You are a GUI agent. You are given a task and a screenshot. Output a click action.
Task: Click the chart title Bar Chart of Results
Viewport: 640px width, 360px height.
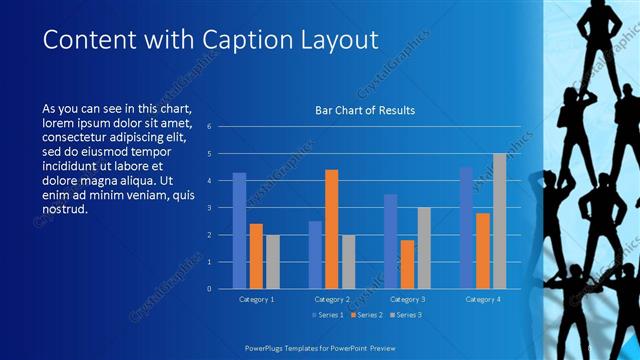coord(365,110)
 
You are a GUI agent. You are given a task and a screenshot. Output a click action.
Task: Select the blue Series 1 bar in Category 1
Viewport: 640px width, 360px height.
coord(240,231)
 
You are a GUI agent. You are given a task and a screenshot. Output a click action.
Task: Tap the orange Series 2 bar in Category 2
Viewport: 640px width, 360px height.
coord(332,229)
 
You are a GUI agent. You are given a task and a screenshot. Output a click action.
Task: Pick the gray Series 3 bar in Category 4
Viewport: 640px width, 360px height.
coord(499,221)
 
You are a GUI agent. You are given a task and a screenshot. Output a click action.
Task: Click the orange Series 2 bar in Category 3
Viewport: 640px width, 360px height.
coord(407,264)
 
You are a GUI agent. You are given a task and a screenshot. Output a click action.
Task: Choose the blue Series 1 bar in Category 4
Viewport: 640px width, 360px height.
coord(466,228)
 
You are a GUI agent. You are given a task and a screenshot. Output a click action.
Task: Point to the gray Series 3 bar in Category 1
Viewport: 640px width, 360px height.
coord(273,262)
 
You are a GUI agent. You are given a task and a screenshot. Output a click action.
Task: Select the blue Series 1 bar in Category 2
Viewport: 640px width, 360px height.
coord(315,255)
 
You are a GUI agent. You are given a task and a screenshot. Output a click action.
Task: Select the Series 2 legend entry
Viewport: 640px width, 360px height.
coord(365,315)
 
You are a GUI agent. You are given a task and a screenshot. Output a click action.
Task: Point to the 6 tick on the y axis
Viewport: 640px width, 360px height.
coord(209,127)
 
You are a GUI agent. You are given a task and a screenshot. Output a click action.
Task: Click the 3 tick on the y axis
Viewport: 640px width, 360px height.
coord(209,208)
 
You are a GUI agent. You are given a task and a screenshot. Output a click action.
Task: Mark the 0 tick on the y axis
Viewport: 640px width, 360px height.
coord(209,289)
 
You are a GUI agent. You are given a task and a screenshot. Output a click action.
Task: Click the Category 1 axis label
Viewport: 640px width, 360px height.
coord(256,299)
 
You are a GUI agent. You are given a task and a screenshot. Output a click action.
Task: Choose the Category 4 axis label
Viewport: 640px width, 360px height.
coord(482,299)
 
